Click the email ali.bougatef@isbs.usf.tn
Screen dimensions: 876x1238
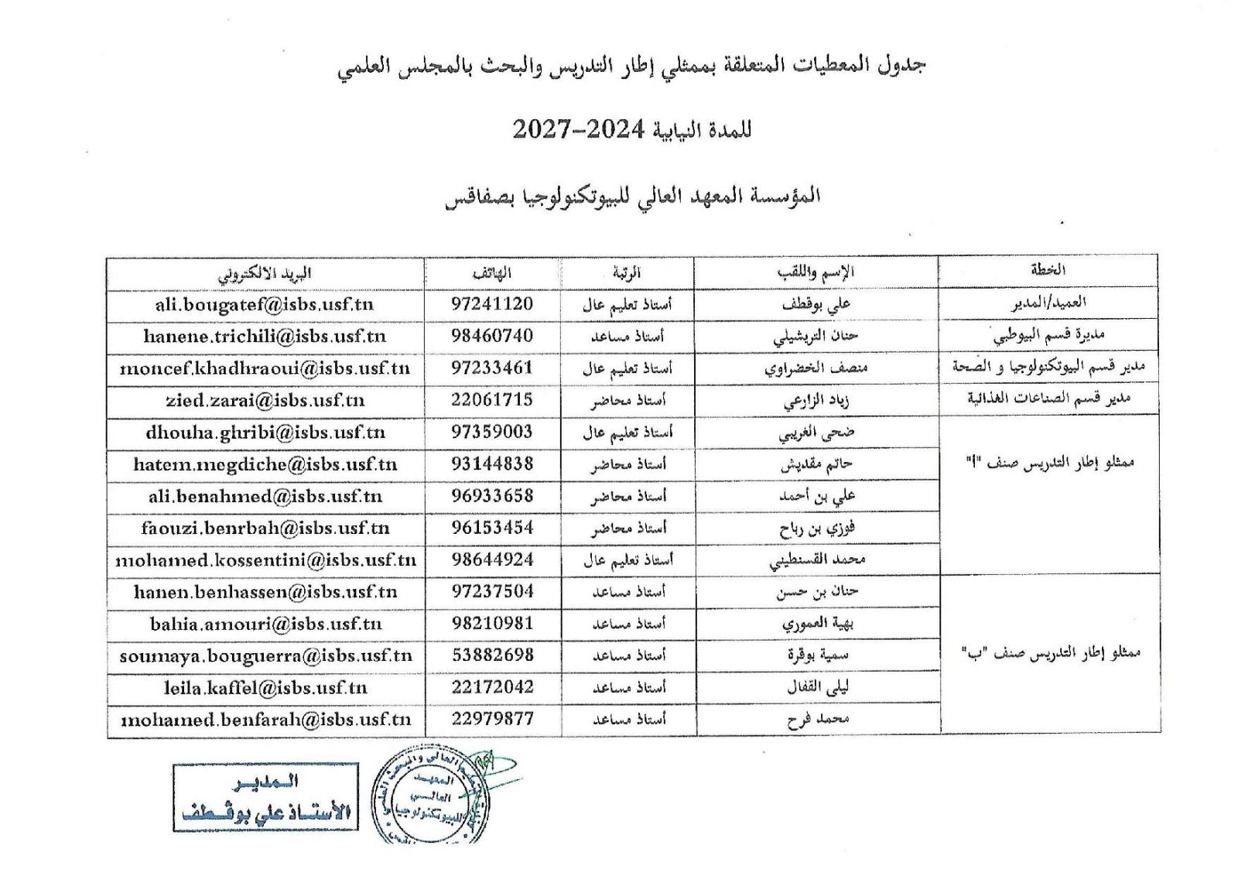[265, 305]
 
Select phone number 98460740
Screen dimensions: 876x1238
[492, 336]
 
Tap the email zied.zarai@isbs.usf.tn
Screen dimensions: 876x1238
[265, 401]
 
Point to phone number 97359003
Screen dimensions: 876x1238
[492, 433]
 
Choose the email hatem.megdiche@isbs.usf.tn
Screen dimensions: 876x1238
[265, 465]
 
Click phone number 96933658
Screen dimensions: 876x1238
[492, 496]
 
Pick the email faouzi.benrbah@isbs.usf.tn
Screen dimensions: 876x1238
[265, 529]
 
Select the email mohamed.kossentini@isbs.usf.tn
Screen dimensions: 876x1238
[265, 560]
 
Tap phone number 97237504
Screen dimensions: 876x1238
[492, 592]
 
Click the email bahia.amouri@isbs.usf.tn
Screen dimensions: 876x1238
[265, 624]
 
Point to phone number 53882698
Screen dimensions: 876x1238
[492, 655]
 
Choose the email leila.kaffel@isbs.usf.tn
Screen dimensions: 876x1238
[265, 688]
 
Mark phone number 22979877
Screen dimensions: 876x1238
[492, 719]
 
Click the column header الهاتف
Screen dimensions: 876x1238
[492, 273]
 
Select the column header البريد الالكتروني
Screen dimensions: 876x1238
[265, 273]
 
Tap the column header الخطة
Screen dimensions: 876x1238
[1048, 270]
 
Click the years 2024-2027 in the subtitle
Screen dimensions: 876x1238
[578, 129]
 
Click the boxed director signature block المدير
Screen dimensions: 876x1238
[265, 798]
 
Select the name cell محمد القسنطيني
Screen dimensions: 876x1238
[817, 560]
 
